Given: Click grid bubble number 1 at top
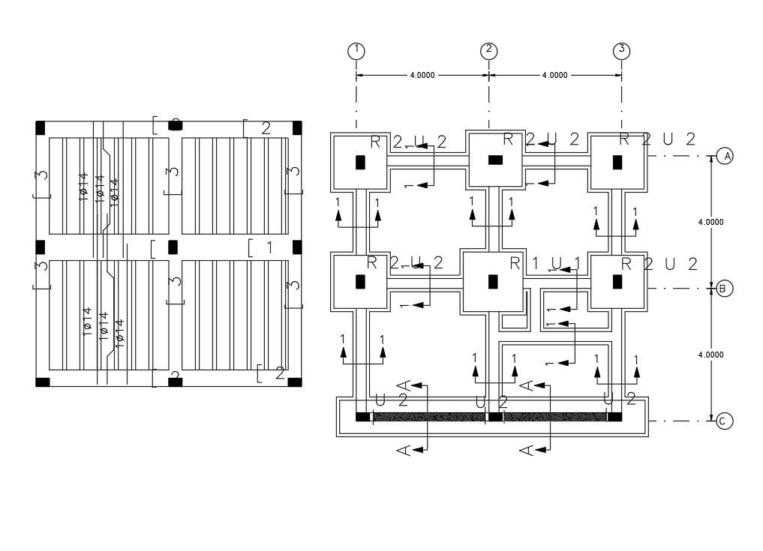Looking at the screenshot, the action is (x=356, y=50).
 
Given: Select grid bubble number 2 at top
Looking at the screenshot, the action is (x=489, y=50).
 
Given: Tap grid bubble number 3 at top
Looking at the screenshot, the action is (x=621, y=50).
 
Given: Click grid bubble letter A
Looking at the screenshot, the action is (x=724, y=156).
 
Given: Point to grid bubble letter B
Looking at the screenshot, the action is (x=724, y=289).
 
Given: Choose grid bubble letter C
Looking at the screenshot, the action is (x=724, y=421).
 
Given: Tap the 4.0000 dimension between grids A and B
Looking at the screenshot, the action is (x=710, y=222).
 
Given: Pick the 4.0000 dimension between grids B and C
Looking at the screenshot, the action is (x=710, y=355).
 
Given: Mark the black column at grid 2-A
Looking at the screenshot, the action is (x=495, y=160).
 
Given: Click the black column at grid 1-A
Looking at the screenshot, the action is (x=360, y=162).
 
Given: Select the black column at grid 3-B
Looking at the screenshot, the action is (x=617, y=282).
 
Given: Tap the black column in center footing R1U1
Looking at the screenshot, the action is (x=493, y=282).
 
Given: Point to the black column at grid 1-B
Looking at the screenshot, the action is (x=360, y=282).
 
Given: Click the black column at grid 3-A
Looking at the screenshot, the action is (x=617, y=162).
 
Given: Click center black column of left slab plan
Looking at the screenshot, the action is (x=173, y=247).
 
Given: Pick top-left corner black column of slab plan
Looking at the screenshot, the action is (x=41, y=126).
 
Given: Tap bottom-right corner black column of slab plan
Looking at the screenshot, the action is (x=295, y=382).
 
